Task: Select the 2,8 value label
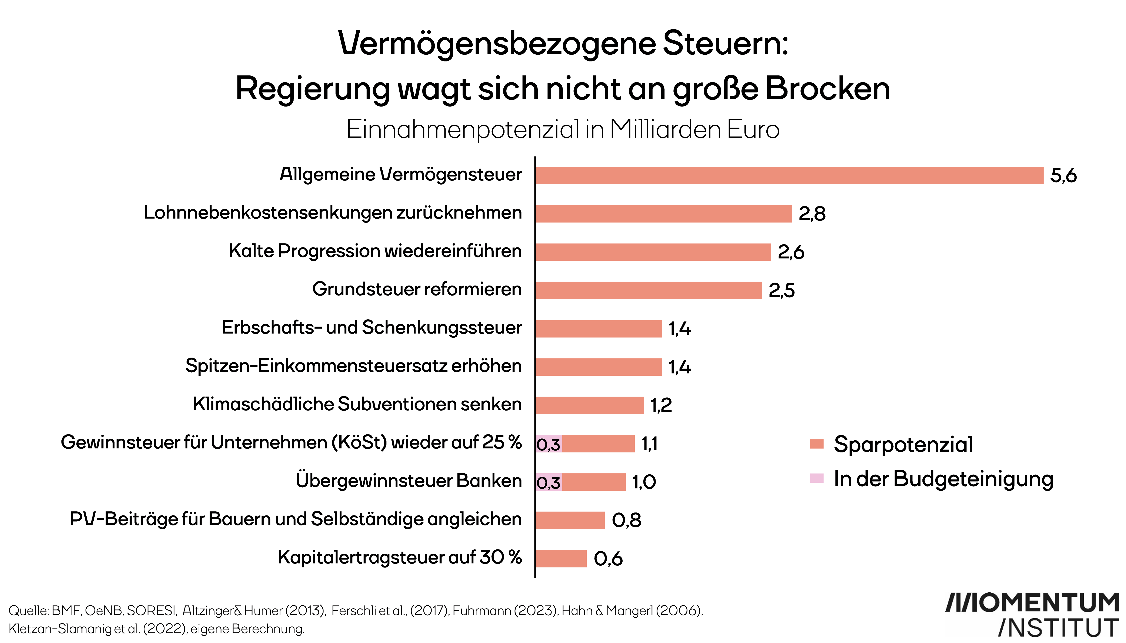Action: point(812,214)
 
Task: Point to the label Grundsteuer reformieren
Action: point(417,289)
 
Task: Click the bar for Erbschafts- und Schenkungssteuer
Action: point(599,329)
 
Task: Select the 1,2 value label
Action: point(661,405)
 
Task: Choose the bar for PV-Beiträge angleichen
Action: point(570,520)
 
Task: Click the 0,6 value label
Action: point(608,559)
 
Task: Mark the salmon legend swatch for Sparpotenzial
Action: point(817,444)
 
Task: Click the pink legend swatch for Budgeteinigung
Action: point(817,478)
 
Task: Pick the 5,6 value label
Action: point(1063,176)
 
